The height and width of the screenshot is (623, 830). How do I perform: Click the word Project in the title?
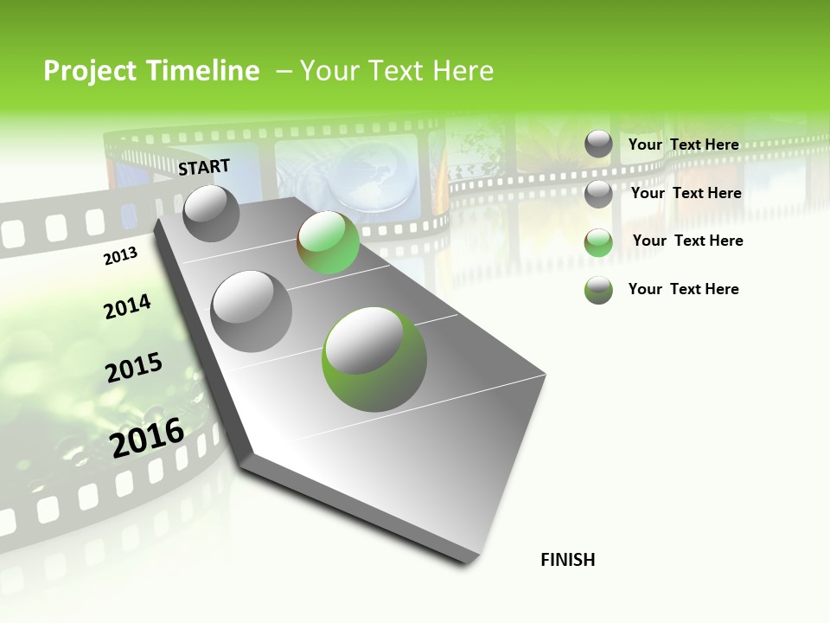pos(88,71)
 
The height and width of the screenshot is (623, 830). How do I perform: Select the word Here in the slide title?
pos(463,71)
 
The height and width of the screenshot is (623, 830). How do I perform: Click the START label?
pos(204,167)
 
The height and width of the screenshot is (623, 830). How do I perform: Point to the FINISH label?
pos(567,560)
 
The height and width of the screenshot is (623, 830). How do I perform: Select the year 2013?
pos(121,256)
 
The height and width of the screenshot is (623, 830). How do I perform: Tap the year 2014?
pos(127,306)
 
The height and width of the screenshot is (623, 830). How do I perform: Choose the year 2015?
pos(134,368)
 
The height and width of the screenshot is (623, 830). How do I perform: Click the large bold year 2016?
pos(147,437)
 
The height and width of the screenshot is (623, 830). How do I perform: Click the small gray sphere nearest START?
pos(211,213)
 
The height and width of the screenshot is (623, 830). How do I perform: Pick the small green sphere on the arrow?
pos(328,242)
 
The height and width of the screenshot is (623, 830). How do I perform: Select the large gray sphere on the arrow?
pos(251,311)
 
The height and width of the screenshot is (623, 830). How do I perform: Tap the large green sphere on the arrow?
pos(373,358)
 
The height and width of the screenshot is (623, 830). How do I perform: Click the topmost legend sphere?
pos(598,144)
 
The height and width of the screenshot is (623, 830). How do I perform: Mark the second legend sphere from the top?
pos(598,194)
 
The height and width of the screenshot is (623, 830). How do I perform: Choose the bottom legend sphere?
pos(598,290)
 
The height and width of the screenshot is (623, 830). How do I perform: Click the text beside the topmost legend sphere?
pos(683,145)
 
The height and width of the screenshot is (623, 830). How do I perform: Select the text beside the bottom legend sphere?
pos(683,289)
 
